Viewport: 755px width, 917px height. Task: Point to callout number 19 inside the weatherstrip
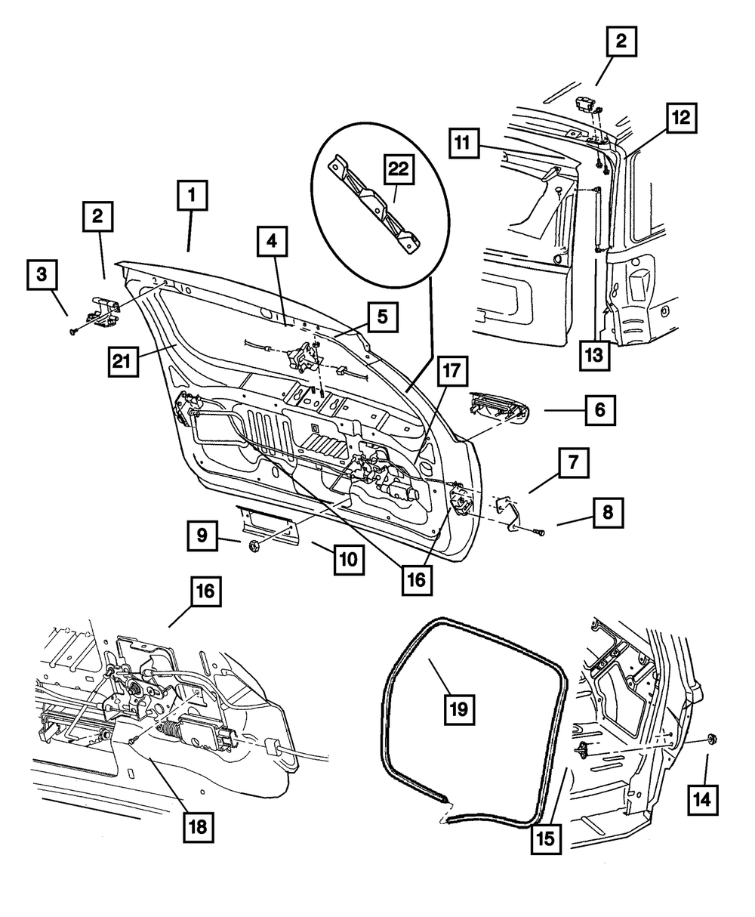pyautogui.click(x=460, y=709)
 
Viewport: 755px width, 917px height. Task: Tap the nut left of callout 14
pyautogui.click(x=711, y=739)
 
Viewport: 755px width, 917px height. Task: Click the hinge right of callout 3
pyautogui.click(x=104, y=310)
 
